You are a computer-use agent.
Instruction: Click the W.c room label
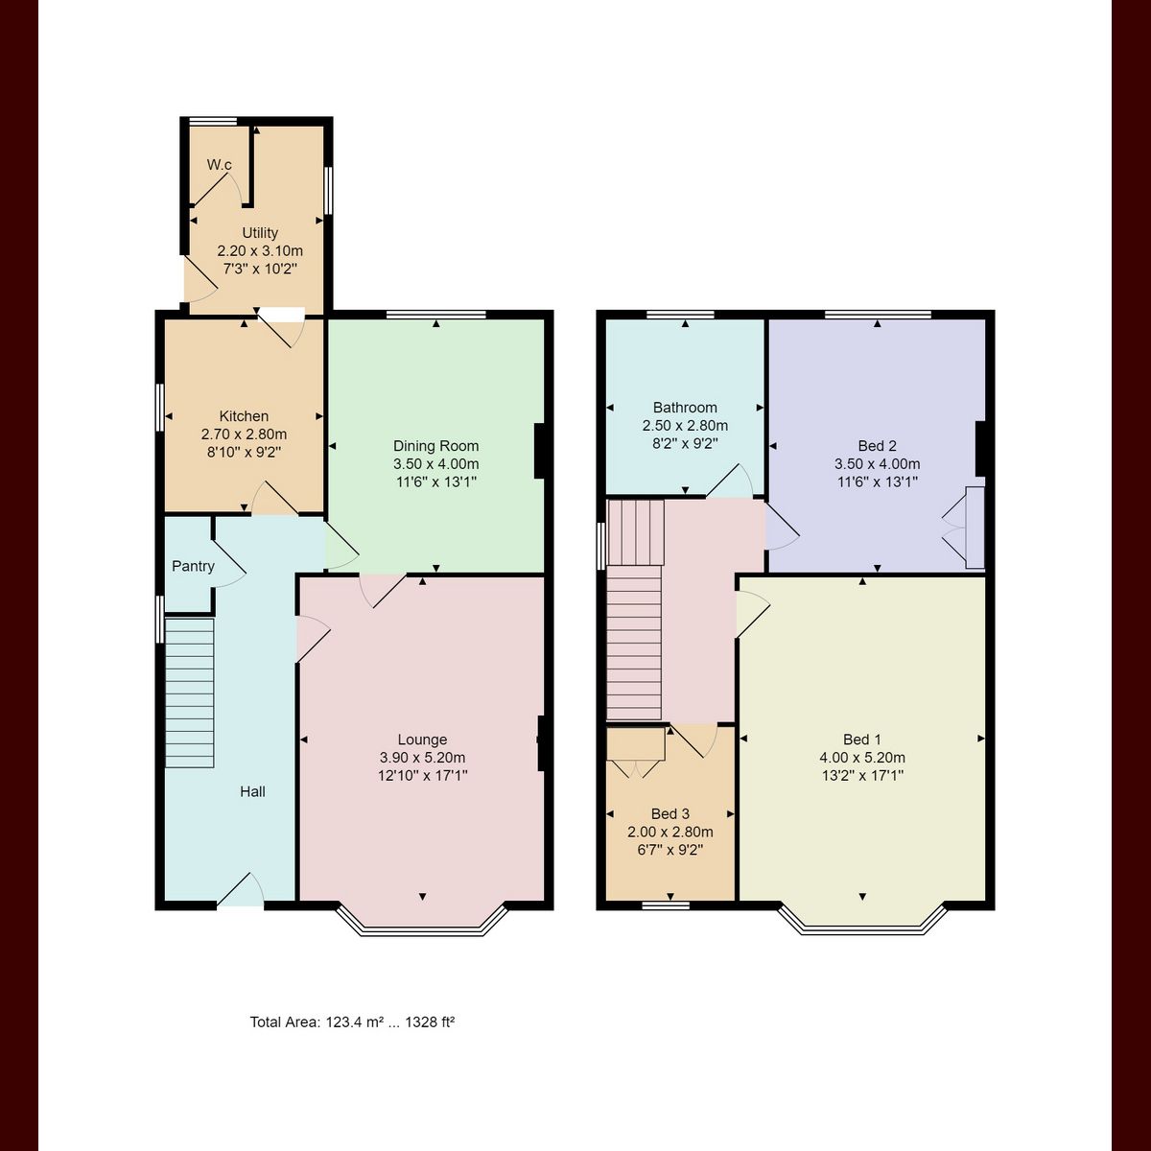click(x=220, y=165)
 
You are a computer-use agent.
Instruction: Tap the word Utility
click(x=260, y=233)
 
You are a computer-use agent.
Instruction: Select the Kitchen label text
click(x=244, y=416)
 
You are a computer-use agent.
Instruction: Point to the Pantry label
click(x=193, y=566)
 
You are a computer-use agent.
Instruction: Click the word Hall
click(x=252, y=791)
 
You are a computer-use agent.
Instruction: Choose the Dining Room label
click(x=435, y=446)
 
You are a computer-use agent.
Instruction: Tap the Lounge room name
click(x=422, y=740)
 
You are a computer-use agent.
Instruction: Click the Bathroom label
click(x=685, y=408)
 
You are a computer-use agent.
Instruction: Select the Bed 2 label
click(x=877, y=446)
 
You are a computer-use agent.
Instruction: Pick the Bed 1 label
click(x=861, y=740)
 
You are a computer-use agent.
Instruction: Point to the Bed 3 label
click(x=669, y=814)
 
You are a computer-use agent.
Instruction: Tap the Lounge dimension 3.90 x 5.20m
click(x=422, y=758)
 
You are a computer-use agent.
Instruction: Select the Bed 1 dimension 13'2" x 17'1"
click(x=861, y=775)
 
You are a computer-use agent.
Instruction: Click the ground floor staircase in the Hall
click(x=189, y=692)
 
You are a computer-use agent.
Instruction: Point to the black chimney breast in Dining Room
click(x=539, y=451)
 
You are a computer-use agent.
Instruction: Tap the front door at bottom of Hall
click(x=240, y=892)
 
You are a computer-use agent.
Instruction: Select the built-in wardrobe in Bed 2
click(x=975, y=528)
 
